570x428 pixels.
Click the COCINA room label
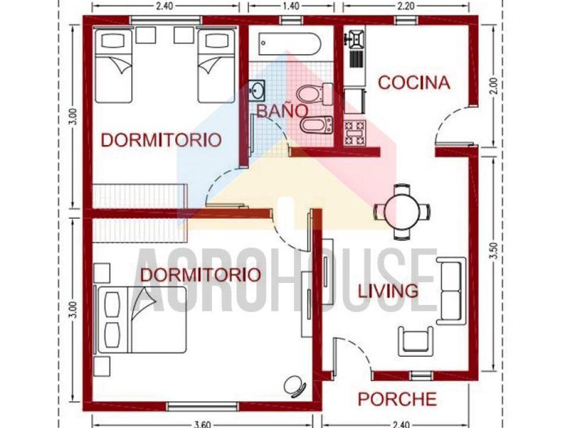pos(414,83)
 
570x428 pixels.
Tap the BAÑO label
pos(281,111)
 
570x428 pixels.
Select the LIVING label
pos(388,291)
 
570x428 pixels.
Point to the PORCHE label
pos(397,399)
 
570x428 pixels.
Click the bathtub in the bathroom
pos(290,43)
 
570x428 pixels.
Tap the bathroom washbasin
pos(257,90)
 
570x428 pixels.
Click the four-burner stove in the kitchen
pos(355,133)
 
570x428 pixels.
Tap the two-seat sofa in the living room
pos(451,291)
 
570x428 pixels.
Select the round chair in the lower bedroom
pos(294,386)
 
